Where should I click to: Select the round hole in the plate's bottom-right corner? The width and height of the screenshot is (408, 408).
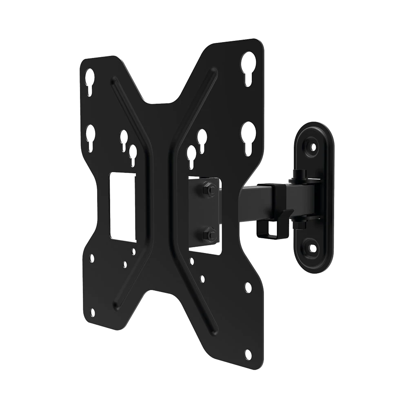(x=248, y=354)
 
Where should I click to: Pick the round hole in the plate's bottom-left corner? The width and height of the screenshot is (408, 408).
(x=92, y=313)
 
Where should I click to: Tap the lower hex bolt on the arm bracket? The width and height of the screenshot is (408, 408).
(x=209, y=234)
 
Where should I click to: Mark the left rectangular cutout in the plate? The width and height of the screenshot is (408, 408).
(x=123, y=207)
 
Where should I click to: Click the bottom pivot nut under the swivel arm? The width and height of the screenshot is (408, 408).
(x=300, y=224)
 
